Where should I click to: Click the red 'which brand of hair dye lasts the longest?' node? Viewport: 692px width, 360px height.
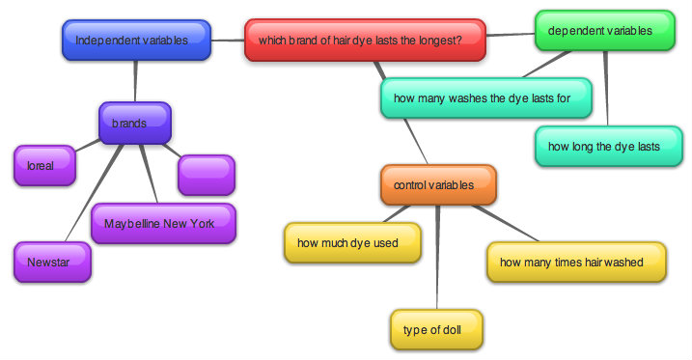tap(364, 40)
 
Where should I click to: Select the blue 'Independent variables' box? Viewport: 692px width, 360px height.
tap(136, 40)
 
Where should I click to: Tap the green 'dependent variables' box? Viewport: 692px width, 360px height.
tap(604, 32)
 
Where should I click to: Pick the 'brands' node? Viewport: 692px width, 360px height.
tap(134, 124)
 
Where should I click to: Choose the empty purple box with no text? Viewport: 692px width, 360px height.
tap(206, 175)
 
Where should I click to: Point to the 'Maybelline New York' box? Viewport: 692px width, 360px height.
tap(163, 223)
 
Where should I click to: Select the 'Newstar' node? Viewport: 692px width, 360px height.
tap(51, 262)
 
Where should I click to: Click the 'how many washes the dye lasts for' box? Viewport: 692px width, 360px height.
tap(470, 97)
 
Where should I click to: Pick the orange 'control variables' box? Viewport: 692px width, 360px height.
tap(437, 184)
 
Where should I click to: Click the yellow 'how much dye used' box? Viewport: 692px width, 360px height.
tap(352, 242)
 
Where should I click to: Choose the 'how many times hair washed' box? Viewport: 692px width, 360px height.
tap(576, 262)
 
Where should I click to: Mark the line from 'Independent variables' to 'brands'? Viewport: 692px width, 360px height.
tap(135, 81)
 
